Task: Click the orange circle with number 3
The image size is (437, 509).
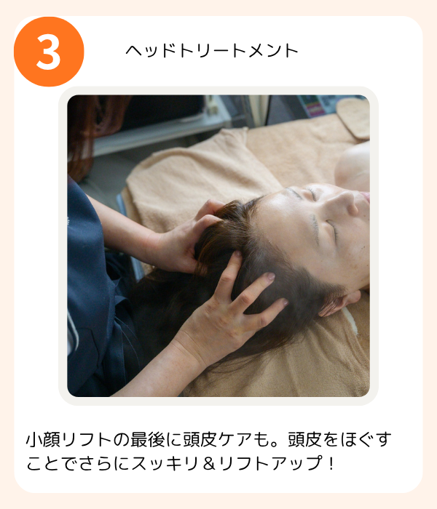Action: pyautogui.click(x=49, y=52)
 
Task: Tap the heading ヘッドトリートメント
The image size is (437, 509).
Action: pyautogui.click(x=212, y=51)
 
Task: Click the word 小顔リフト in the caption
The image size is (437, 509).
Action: pyautogui.click(x=68, y=439)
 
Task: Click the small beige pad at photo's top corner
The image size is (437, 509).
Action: pyautogui.click(x=353, y=118)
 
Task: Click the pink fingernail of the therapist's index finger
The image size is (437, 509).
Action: pyautogui.click(x=270, y=276)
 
